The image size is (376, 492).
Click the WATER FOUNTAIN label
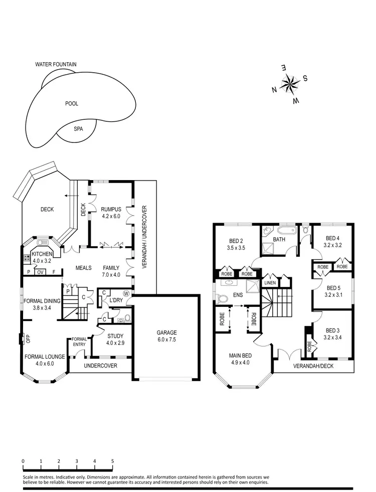click(x=56, y=64)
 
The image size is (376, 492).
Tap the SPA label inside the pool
click(x=78, y=128)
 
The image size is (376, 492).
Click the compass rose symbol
click(x=289, y=84)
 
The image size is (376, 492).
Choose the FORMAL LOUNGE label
click(x=44, y=357)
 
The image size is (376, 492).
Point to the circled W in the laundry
click(x=126, y=293)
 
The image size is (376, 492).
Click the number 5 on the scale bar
click(x=112, y=461)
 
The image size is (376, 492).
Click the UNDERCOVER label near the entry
click(x=100, y=366)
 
